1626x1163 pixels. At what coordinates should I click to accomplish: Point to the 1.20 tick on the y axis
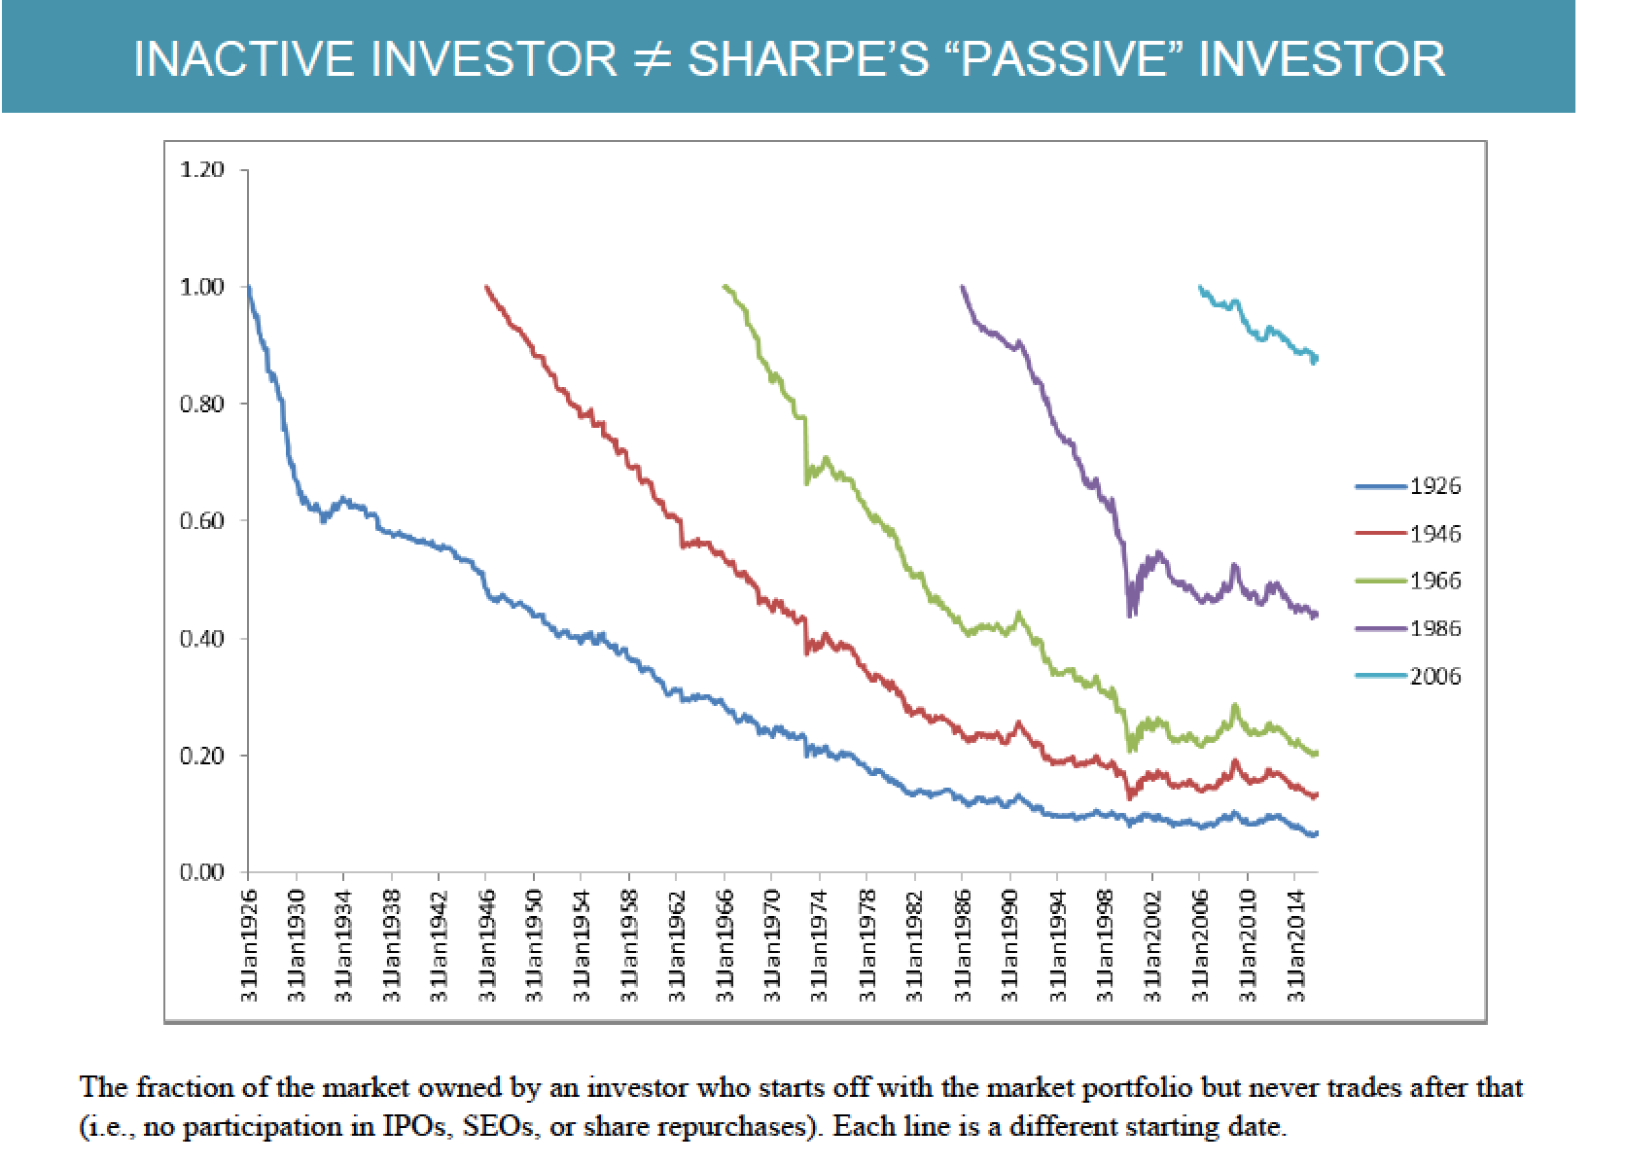(x=202, y=170)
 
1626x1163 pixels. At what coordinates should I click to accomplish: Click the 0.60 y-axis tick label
(x=202, y=521)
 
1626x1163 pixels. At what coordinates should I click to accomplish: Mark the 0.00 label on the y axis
(x=202, y=872)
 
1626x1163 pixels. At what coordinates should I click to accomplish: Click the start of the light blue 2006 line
(x=1200, y=287)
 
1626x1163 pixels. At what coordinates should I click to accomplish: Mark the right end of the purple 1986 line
(x=1316, y=614)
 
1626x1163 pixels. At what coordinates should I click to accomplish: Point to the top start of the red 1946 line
(x=486, y=287)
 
